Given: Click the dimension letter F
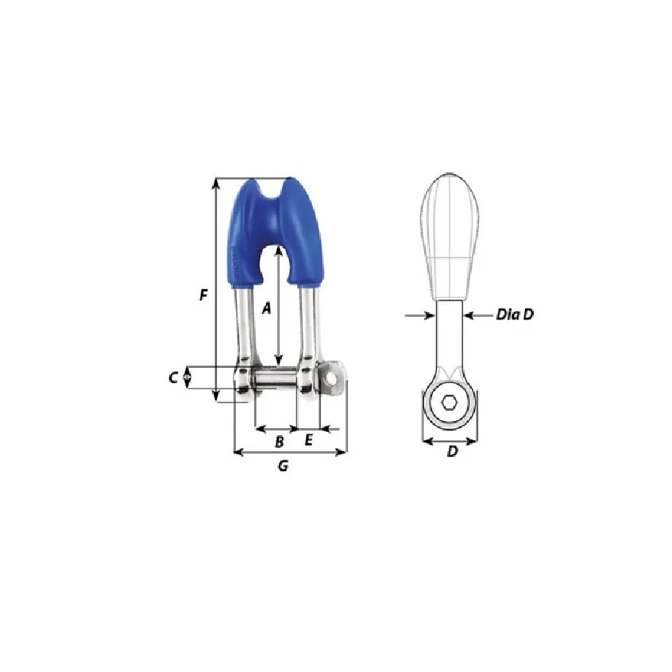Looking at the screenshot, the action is [203, 295].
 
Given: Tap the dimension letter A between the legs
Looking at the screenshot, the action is [267, 307].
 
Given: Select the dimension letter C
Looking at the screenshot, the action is [173, 377].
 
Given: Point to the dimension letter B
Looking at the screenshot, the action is [279, 442].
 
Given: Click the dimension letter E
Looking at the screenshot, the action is [308, 440].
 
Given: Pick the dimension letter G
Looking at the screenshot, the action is [283, 465].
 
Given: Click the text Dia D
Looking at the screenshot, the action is [515, 315].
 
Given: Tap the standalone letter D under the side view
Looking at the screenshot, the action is [453, 451].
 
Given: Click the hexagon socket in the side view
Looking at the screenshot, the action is [449, 403].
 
